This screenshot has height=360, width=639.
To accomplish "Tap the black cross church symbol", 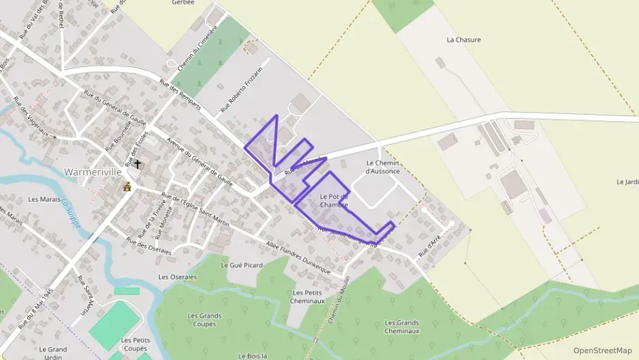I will [138, 164].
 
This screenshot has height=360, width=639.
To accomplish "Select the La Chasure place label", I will [464, 40].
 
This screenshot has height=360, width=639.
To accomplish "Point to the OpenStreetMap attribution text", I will [602, 350].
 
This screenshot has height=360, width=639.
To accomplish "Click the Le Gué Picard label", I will [242, 264].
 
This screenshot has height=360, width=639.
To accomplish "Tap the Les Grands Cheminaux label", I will [402, 327].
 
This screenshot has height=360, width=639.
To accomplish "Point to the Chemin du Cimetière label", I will [197, 48].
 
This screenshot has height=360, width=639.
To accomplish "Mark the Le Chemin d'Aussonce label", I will [382, 167].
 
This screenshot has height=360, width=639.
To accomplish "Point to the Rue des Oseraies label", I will [148, 246].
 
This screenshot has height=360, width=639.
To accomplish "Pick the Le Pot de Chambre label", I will [334, 200].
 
